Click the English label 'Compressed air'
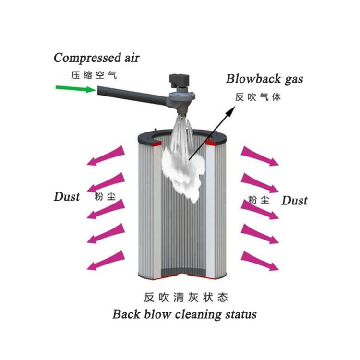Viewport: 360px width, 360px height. (x=96, y=58)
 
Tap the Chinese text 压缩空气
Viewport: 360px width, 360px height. (x=94, y=75)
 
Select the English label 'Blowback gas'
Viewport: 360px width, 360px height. (x=264, y=79)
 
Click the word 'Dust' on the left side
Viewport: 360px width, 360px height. (x=67, y=196)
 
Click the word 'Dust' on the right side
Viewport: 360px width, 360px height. (x=294, y=200)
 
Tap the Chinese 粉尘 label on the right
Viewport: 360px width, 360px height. (x=258, y=200)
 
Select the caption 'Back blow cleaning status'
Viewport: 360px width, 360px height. (x=184, y=314)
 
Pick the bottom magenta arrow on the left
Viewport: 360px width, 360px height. (x=107, y=261)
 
